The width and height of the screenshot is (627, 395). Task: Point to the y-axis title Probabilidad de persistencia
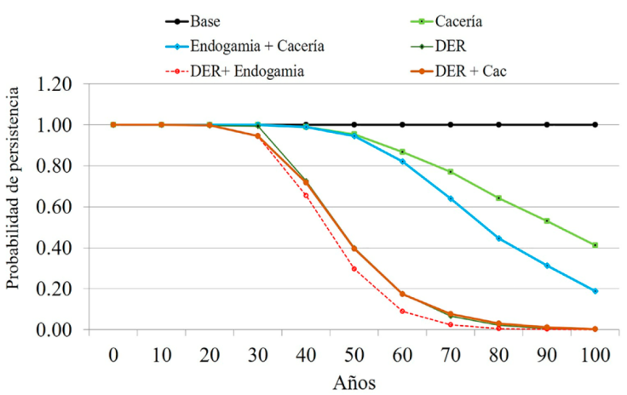click(14, 206)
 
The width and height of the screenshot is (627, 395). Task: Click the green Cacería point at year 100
click(595, 245)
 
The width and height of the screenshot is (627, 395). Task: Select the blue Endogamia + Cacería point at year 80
click(498, 238)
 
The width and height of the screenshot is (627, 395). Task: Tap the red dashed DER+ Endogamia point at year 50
click(354, 269)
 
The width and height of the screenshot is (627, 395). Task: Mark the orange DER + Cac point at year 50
click(354, 249)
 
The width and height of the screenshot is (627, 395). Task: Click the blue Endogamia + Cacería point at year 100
click(595, 291)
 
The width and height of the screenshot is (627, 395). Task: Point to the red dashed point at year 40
click(305, 196)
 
